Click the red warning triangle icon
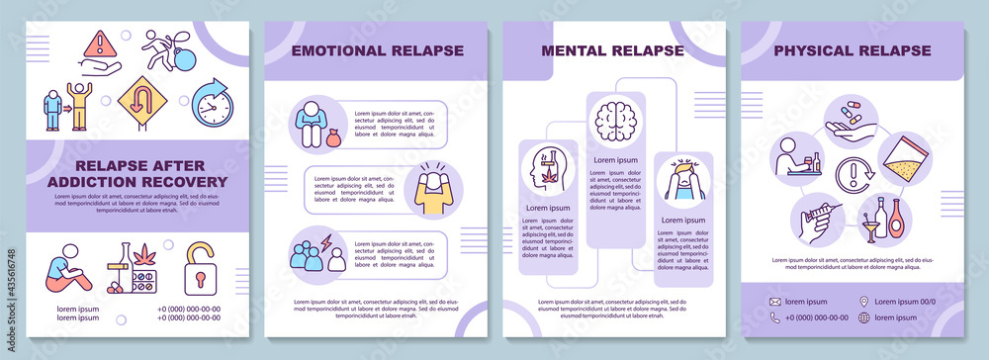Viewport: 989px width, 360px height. pos(99,45)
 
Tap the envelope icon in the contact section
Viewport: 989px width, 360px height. pos(775,301)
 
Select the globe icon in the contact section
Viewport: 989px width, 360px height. pos(864,317)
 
